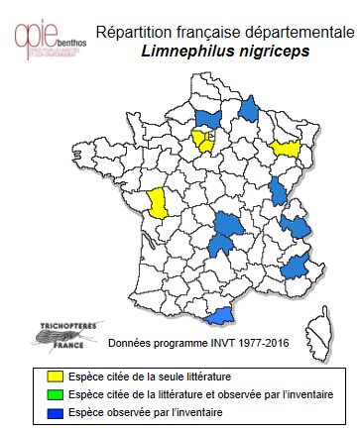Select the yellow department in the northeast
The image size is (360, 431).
coord(289,148)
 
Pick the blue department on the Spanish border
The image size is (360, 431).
coord(225,313)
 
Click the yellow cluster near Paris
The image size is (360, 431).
coord(204,140)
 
